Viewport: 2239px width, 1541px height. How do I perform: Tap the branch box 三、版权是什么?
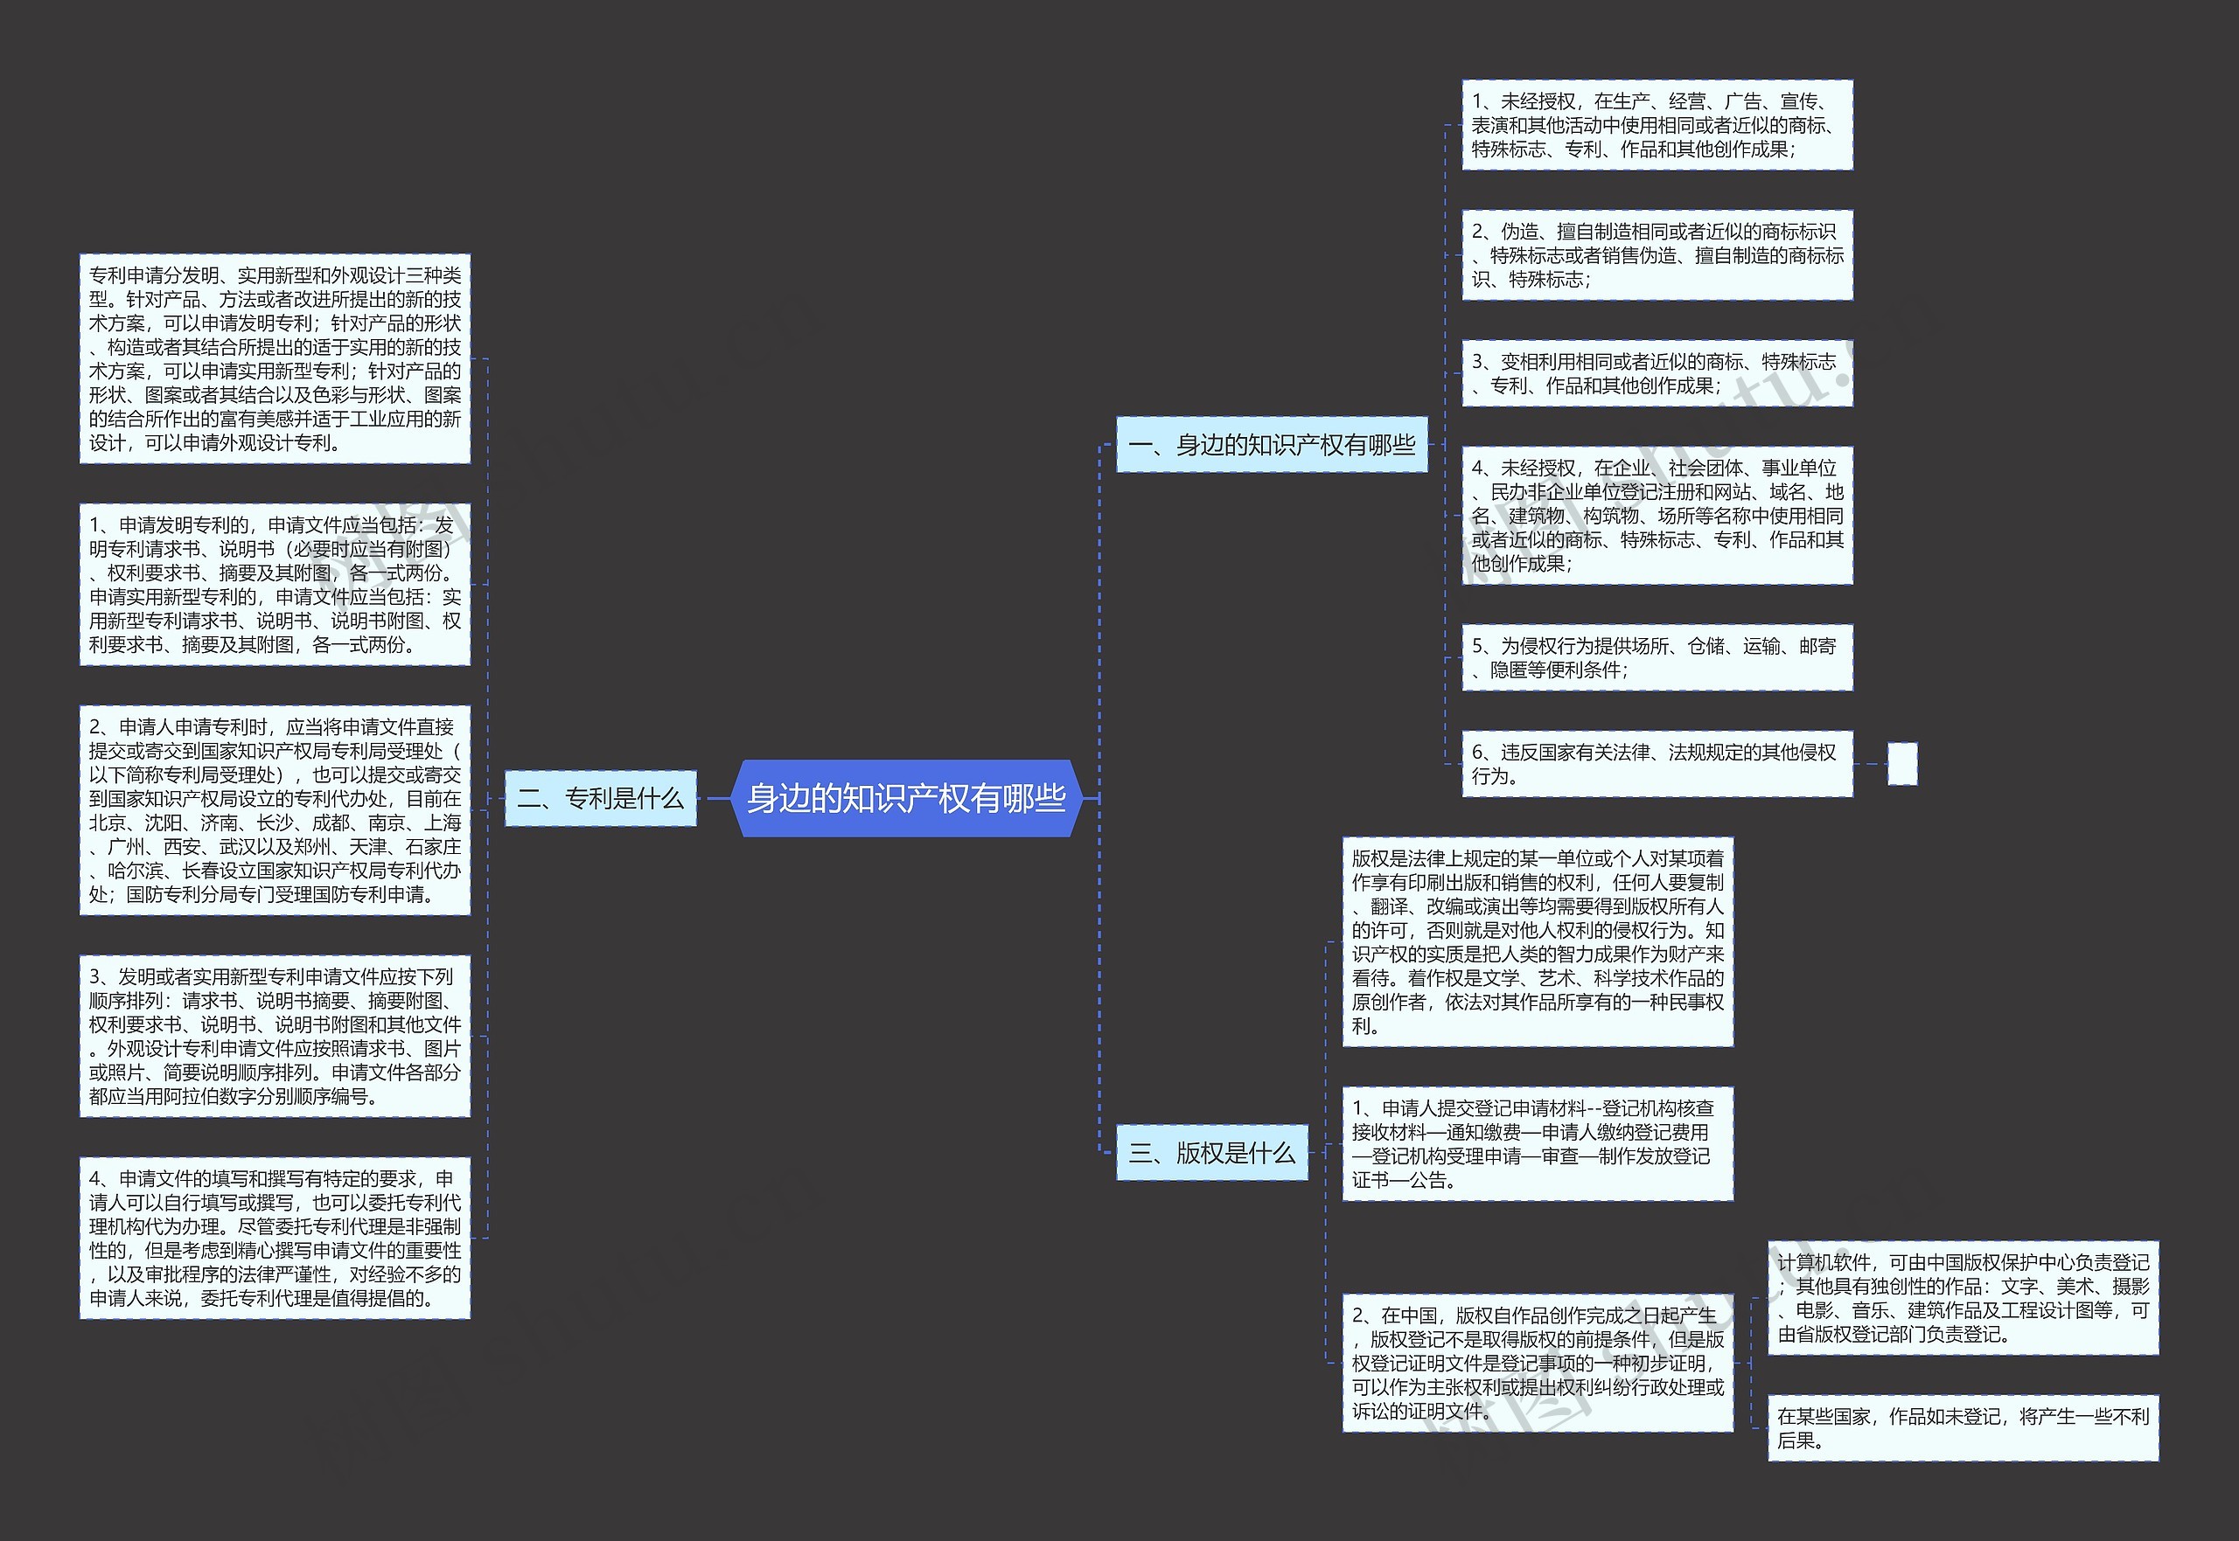(1211, 1152)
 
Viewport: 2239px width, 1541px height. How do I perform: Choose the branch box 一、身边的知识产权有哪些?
(1271, 445)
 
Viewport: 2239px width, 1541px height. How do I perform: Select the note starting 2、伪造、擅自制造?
(1657, 255)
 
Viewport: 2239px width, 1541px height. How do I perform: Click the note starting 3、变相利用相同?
(1657, 373)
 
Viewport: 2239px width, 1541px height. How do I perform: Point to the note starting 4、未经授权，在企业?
(1657, 516)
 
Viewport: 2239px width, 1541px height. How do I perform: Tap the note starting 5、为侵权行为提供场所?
(1657, 657)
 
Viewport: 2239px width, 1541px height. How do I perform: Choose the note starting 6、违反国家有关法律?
(1657, 764)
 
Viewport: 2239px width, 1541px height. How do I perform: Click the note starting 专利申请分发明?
(275, 359)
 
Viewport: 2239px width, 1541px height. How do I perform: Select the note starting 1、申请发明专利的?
(275, 584)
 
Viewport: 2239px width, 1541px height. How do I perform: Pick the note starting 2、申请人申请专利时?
(275, 810)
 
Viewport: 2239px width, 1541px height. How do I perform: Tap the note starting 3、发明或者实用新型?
(275, 1036)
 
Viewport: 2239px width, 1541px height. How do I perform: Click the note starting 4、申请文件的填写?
(275, 1238)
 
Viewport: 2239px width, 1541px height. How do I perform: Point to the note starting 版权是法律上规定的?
(1537, 941)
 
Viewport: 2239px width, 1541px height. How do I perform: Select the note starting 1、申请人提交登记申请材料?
(1537, 1144)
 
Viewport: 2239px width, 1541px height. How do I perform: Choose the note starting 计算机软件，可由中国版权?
(1963, 1298)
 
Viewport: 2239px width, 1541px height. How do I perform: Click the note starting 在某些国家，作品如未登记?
(1963, 1428)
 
